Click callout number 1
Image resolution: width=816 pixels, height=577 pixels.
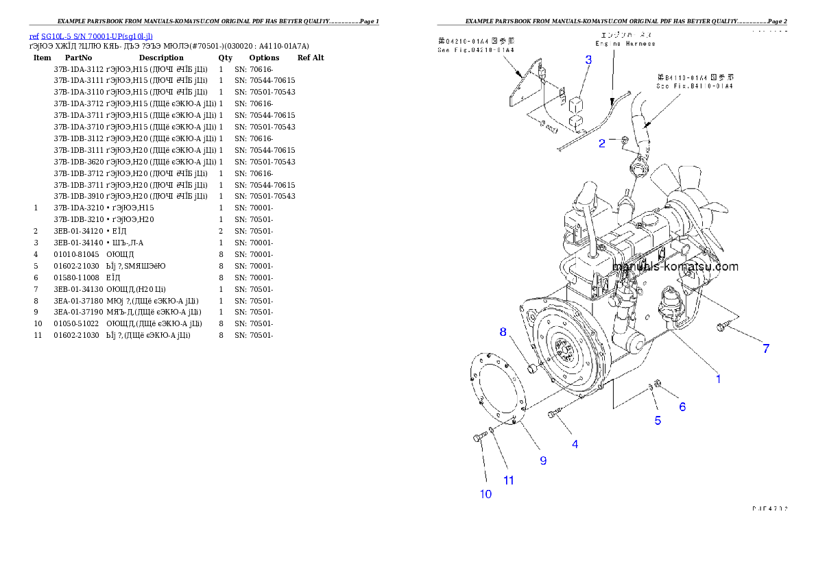718,378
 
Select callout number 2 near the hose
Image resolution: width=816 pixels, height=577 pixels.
602,143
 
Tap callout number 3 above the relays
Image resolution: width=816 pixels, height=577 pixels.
588,60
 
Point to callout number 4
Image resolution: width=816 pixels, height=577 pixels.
575,444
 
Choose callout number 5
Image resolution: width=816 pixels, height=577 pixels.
658,420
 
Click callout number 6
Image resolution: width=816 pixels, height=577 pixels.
682,406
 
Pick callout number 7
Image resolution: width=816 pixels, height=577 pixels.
766,349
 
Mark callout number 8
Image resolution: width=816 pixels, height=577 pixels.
503,332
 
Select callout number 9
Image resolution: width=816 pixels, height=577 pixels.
543,461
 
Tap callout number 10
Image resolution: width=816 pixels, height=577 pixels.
485,494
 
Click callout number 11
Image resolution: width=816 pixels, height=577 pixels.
509,480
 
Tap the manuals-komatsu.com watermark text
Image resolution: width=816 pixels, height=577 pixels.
675,267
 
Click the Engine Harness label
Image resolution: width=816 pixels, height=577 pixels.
625,43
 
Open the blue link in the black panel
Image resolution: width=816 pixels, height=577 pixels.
91,36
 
